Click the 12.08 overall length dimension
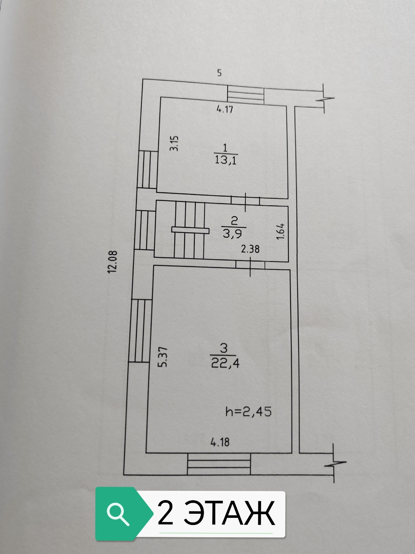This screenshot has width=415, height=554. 113,262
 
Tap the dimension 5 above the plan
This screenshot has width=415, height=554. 219,73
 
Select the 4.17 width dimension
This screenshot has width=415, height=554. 225,110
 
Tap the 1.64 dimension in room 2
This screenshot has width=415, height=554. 281,231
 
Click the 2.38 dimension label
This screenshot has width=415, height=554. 250,249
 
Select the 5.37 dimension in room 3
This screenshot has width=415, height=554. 163,357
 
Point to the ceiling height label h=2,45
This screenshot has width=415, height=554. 248,412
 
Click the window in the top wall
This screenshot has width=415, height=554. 246,96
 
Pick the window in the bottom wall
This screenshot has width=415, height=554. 219,467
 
